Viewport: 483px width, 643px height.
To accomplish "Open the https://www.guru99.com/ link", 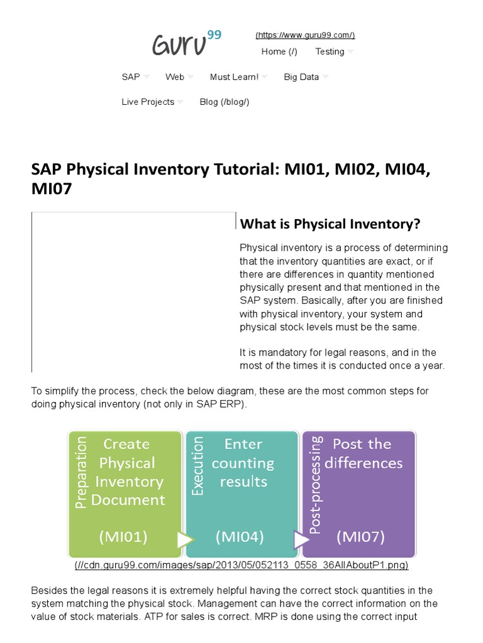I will tap(305, 35).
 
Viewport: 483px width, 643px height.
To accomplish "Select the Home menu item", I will tap(279, 51).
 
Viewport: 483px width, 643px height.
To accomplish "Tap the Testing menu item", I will tap(330, 51).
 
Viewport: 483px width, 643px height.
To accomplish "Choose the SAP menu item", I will tap(131, 77).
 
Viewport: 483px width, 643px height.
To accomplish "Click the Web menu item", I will tap(175, 77).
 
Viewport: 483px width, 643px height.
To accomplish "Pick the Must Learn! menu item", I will tap(234, 77).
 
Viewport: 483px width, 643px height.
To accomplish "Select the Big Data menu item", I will tap(301, 77).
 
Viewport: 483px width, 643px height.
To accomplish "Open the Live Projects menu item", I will tap(148, 102).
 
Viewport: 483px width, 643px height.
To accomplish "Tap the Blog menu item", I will tap(225, 102).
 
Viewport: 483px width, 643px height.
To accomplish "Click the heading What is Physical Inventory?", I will tap(330, 224).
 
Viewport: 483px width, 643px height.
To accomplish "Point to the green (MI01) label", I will tap(123, 537).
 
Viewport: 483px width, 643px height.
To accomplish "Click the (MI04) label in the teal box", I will tap(240, 537).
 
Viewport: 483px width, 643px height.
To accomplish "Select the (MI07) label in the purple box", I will tap(360, 537).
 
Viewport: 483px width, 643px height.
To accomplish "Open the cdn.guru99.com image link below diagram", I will tap(241, 565).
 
